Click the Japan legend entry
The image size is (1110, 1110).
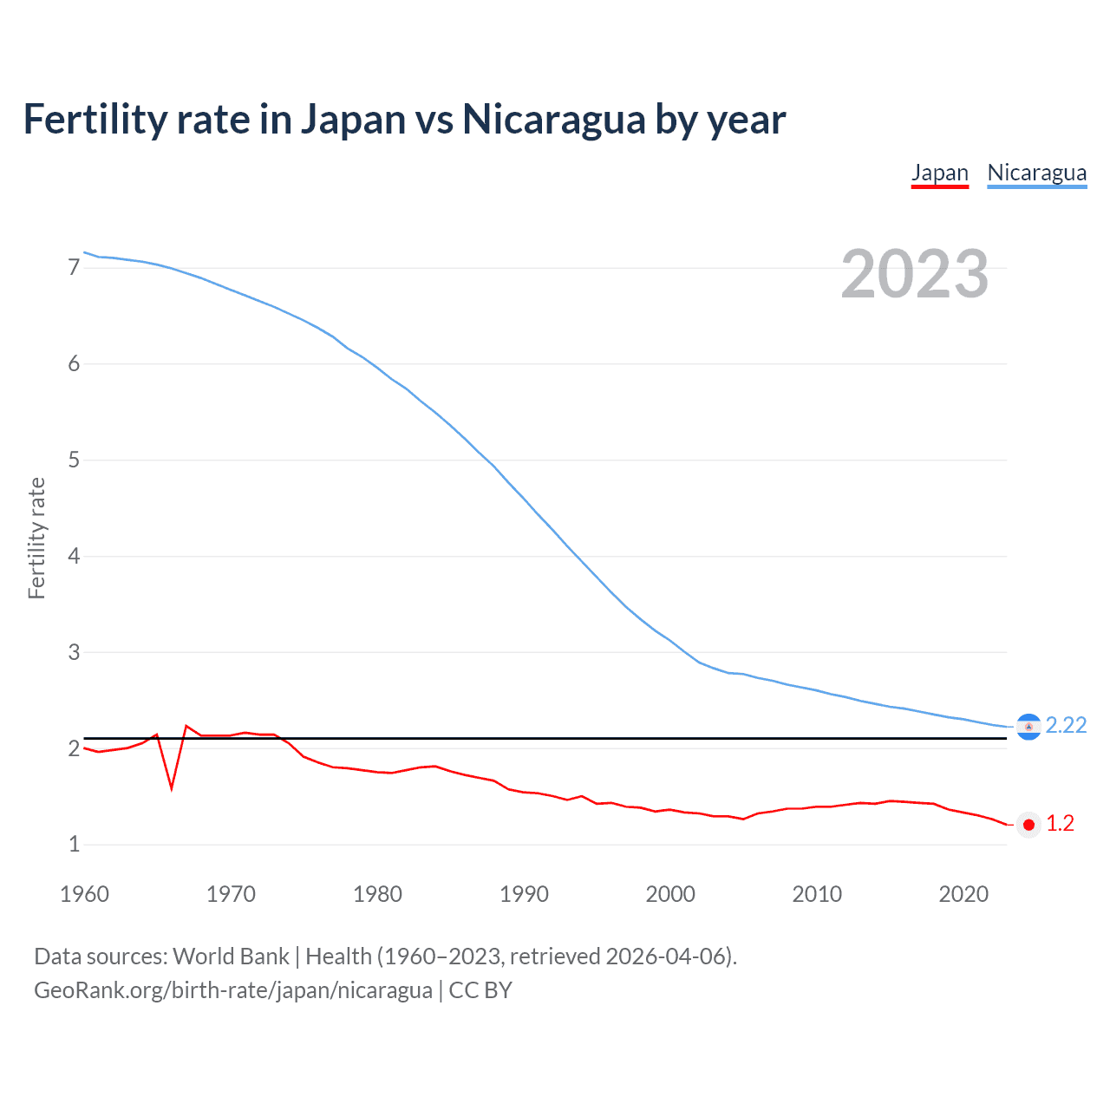tap(939, 173)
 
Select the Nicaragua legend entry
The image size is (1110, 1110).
tap(1036, 173)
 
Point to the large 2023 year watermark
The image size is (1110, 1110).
tap(914, 274)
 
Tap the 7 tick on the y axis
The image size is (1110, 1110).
tap(74, 268)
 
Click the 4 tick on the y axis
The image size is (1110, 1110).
tap(74, 556)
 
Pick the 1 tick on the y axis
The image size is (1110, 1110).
tap(74, 844)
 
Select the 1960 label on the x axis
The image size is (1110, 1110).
tap(84, 894)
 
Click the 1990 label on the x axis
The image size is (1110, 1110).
tap(524, 894)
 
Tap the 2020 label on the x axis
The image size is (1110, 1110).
tap(963, 894)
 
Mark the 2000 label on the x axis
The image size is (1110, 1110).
tap(670, 894)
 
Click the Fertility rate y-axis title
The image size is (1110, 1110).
tap(36, 538)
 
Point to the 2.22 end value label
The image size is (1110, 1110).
tap(1066, 725)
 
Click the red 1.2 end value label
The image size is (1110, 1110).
tap(1060, 824)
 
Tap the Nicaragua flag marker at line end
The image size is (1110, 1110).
tap(1028, 727)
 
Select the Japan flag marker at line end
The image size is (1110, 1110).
tap(1028, 825)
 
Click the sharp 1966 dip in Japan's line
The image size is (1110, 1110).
tap(172, 787)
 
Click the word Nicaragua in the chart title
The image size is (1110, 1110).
tap(554, 120)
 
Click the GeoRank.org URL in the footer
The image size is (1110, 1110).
tap(232, 990)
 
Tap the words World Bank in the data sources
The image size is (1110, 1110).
tap(231, 957)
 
